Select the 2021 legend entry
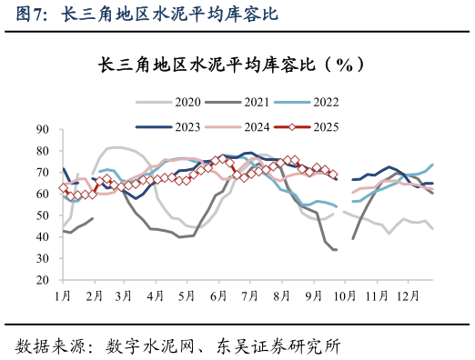(258, 103)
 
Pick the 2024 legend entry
(258, 126)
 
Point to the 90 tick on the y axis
(43, 129)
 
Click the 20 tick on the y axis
(43, 280)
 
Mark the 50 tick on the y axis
(43, 215)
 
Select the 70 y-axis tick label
(43, 172)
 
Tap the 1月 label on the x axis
(63, 296)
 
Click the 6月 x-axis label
(217, 296)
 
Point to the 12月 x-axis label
(408, 296)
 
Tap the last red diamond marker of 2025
(333, 174)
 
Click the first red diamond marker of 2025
(63, 188)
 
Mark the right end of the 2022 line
(432, 165)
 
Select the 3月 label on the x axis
(124, 296)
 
